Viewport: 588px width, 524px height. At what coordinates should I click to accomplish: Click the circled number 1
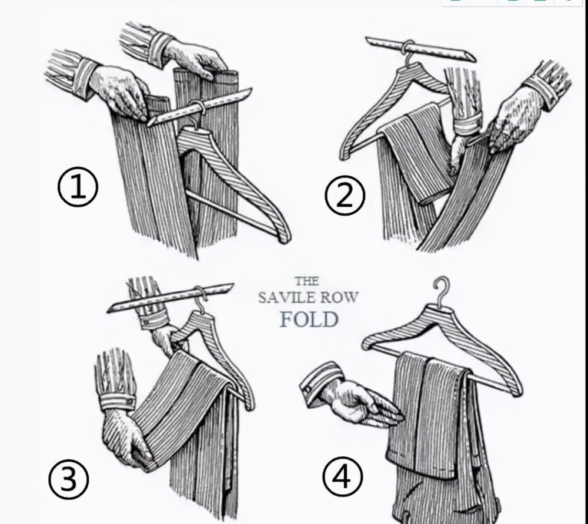(78, 187)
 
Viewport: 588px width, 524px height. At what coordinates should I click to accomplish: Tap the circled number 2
(344, 195)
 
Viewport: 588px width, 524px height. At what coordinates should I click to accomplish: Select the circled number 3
(69, 479)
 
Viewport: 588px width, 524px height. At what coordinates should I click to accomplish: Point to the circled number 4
(342, 477)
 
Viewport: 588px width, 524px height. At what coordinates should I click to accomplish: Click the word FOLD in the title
(309, 320)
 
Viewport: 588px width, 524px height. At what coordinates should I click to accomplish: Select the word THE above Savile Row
(307, 281)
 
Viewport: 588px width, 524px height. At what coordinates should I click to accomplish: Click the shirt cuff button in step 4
(308, 389)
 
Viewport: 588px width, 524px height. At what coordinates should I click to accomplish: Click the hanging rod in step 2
(420, 49)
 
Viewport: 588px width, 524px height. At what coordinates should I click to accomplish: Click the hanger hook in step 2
(406, 52)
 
